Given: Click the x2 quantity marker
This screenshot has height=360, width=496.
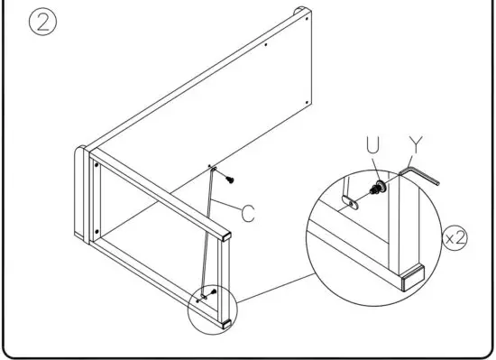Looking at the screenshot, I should [x=461, y=241].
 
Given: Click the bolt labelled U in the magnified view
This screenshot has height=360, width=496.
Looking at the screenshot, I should [x=379, y=187].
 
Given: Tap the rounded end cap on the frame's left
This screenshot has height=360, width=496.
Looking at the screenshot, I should [x=81, y=194].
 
